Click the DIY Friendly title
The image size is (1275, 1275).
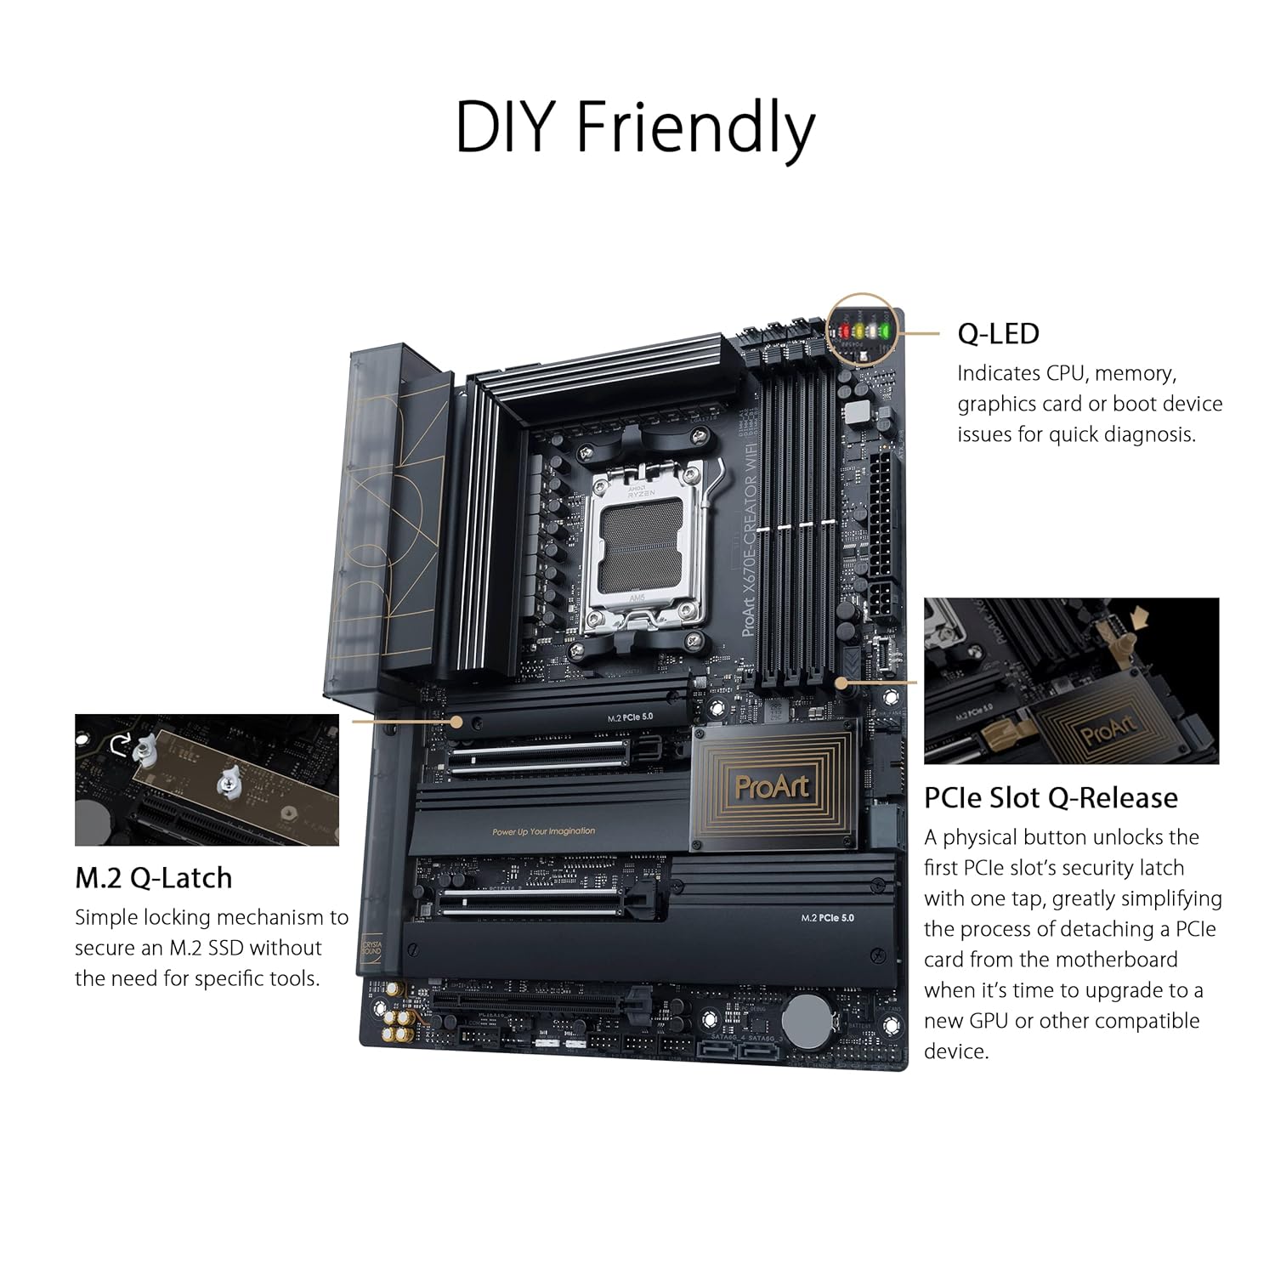tap(635, 127)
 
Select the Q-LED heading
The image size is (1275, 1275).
tap(998, 333)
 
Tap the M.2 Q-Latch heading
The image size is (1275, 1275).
tap(153, 877)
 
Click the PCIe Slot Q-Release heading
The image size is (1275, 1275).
tap(1051, 797)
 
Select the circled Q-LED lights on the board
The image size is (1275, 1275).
tap(863, 330)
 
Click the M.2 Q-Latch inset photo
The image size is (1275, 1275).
tap(207, 779)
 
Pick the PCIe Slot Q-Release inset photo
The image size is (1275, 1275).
tap(1071, 680)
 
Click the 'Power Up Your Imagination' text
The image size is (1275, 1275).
tap(544, 831)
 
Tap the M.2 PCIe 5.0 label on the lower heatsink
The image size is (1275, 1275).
tap(827, 918)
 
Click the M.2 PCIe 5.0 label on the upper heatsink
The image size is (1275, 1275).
tap(630, 717)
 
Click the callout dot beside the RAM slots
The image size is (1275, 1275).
tap(841, 682)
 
